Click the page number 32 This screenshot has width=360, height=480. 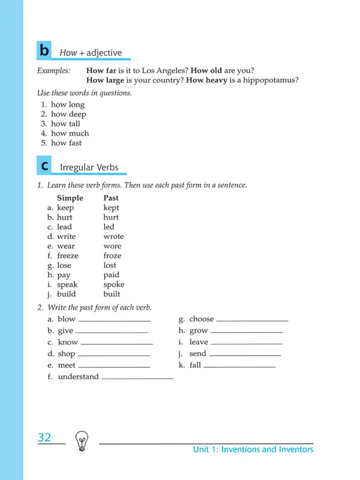44,437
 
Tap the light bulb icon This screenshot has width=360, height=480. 81,442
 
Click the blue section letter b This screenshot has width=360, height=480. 44,51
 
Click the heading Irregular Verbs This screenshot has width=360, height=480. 89,167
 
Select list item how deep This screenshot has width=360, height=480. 68,114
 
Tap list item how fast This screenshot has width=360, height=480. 66,143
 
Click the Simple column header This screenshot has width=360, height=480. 70,198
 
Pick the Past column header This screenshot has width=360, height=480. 111,198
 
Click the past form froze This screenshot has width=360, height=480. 113,256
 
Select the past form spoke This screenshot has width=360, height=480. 114,284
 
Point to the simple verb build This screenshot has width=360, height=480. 71,294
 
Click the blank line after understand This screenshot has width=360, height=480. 137,379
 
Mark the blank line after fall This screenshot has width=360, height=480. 239,367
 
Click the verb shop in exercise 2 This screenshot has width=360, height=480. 66,354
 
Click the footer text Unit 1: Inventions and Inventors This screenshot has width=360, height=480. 253,449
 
